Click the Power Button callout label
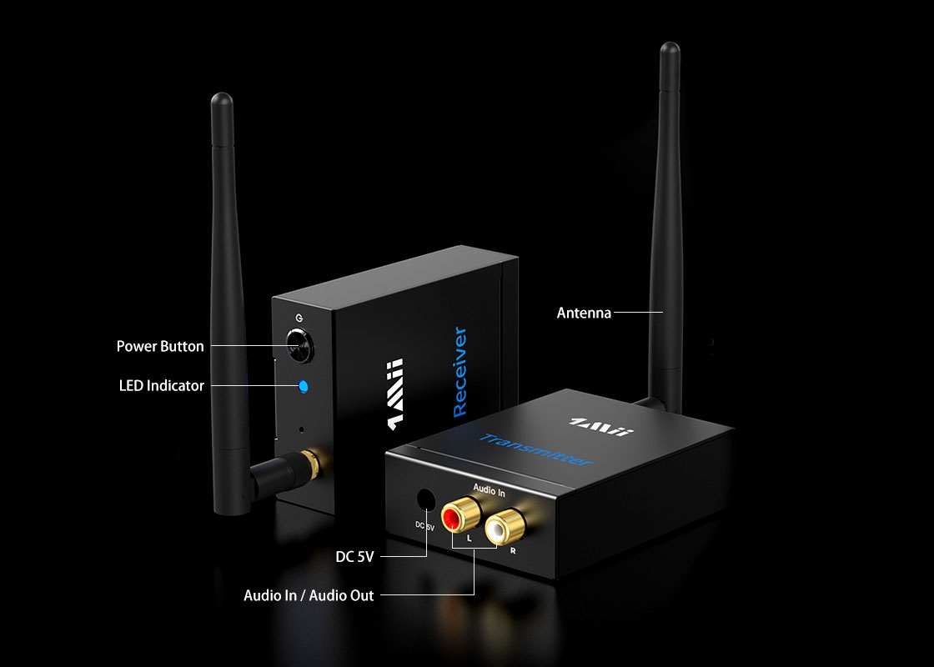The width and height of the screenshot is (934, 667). click(160, 346)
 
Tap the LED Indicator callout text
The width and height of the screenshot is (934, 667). click(161, 386)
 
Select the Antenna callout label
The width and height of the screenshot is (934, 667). click(584, 313)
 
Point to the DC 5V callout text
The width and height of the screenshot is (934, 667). click(354, 556)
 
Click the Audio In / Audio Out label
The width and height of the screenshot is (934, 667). click(309, 595)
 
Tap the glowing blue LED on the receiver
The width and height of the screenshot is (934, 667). click(303, 386)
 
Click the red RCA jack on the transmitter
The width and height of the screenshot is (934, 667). click(452, 519)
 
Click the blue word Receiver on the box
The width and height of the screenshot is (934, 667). click(459, 373)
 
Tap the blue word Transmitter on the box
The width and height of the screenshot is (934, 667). click(536, 449)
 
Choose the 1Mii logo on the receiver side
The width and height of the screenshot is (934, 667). click(394, 394)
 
